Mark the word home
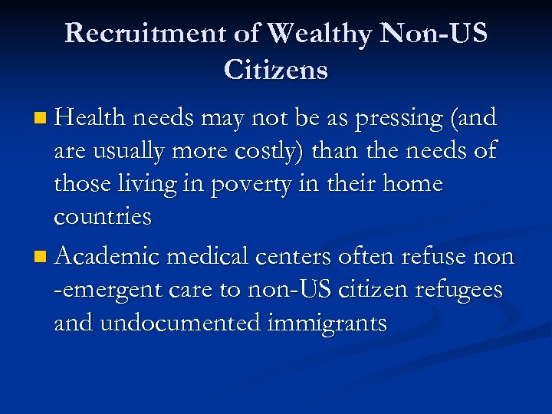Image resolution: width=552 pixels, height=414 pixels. [x=414, y=183]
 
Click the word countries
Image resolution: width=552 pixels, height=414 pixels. [x=103, y=217]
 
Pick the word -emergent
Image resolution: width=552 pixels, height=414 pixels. [x=107, y=291]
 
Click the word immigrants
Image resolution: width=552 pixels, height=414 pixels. [x=327, y=324]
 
